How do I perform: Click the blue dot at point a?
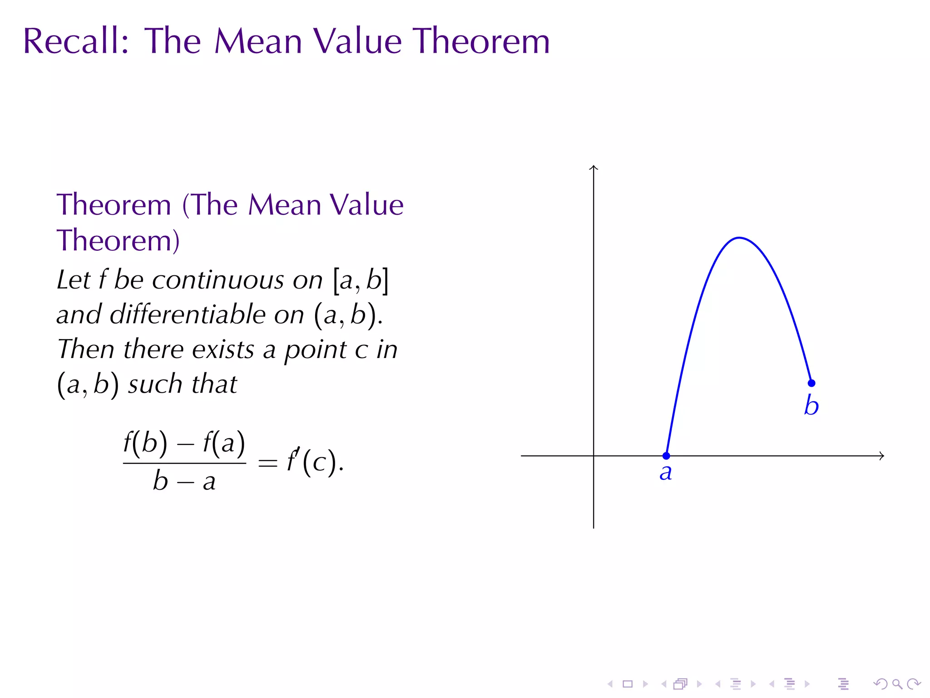tap(666, 455)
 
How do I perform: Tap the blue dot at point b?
tap(811, 383)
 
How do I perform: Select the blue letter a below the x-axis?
tap(666, 473)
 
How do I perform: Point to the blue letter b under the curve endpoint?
tap(811, 405)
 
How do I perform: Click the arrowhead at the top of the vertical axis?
tap(594, 167)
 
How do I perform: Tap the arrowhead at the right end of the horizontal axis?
tap(882, 455)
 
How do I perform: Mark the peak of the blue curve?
tap(739, 238)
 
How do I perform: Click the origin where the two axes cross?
tap(594, 455)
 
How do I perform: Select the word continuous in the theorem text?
tap(237, 280)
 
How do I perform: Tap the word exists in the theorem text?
tap(223, 349)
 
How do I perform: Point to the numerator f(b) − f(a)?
tap(184, 443)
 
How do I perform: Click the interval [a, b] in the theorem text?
tap(361, 280)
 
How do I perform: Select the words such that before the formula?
tap(182, 384)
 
